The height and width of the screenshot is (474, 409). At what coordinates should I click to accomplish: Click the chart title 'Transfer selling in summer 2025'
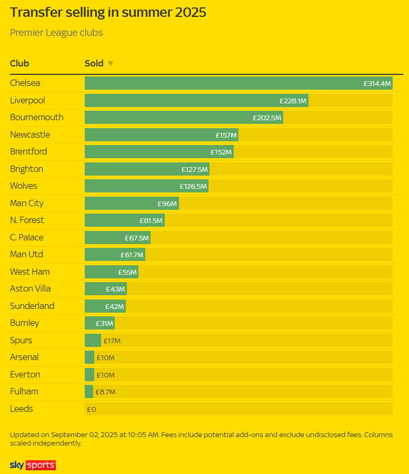[x=108, y=13]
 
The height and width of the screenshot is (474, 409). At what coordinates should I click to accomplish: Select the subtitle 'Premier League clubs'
[x=56, y=33]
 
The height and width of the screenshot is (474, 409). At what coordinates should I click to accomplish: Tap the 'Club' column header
[x=19, y=64]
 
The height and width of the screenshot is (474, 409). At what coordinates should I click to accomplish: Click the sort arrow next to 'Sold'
[x=111, y=64]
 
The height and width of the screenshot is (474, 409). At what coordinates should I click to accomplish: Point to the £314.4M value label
[x=377, y=83]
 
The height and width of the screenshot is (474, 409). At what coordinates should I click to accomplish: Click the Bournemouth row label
[x=36, y=117]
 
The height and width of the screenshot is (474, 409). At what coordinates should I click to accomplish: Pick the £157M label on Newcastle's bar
[x=226, y=135]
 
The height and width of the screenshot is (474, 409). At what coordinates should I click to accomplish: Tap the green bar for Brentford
[x=158, y=152]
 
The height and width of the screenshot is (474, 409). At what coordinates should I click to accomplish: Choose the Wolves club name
[x=24, y=186]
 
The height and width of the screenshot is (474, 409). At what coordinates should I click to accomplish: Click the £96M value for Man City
[x=167, y=204]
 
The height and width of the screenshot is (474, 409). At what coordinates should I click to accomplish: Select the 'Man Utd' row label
[x=26, y=254]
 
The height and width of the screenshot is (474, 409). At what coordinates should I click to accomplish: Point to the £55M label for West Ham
[x=127, y=272]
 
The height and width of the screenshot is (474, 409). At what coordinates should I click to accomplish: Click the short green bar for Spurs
[x=93, y=341]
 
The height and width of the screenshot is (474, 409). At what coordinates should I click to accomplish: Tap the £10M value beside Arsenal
[x=105, y=358]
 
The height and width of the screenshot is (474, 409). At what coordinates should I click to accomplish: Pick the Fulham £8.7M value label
[x=105, y=392]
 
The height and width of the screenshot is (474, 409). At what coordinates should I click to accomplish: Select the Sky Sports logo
[x=33, y=465]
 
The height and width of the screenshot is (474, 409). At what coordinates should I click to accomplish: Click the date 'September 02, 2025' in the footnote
[x=82, y=435]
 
